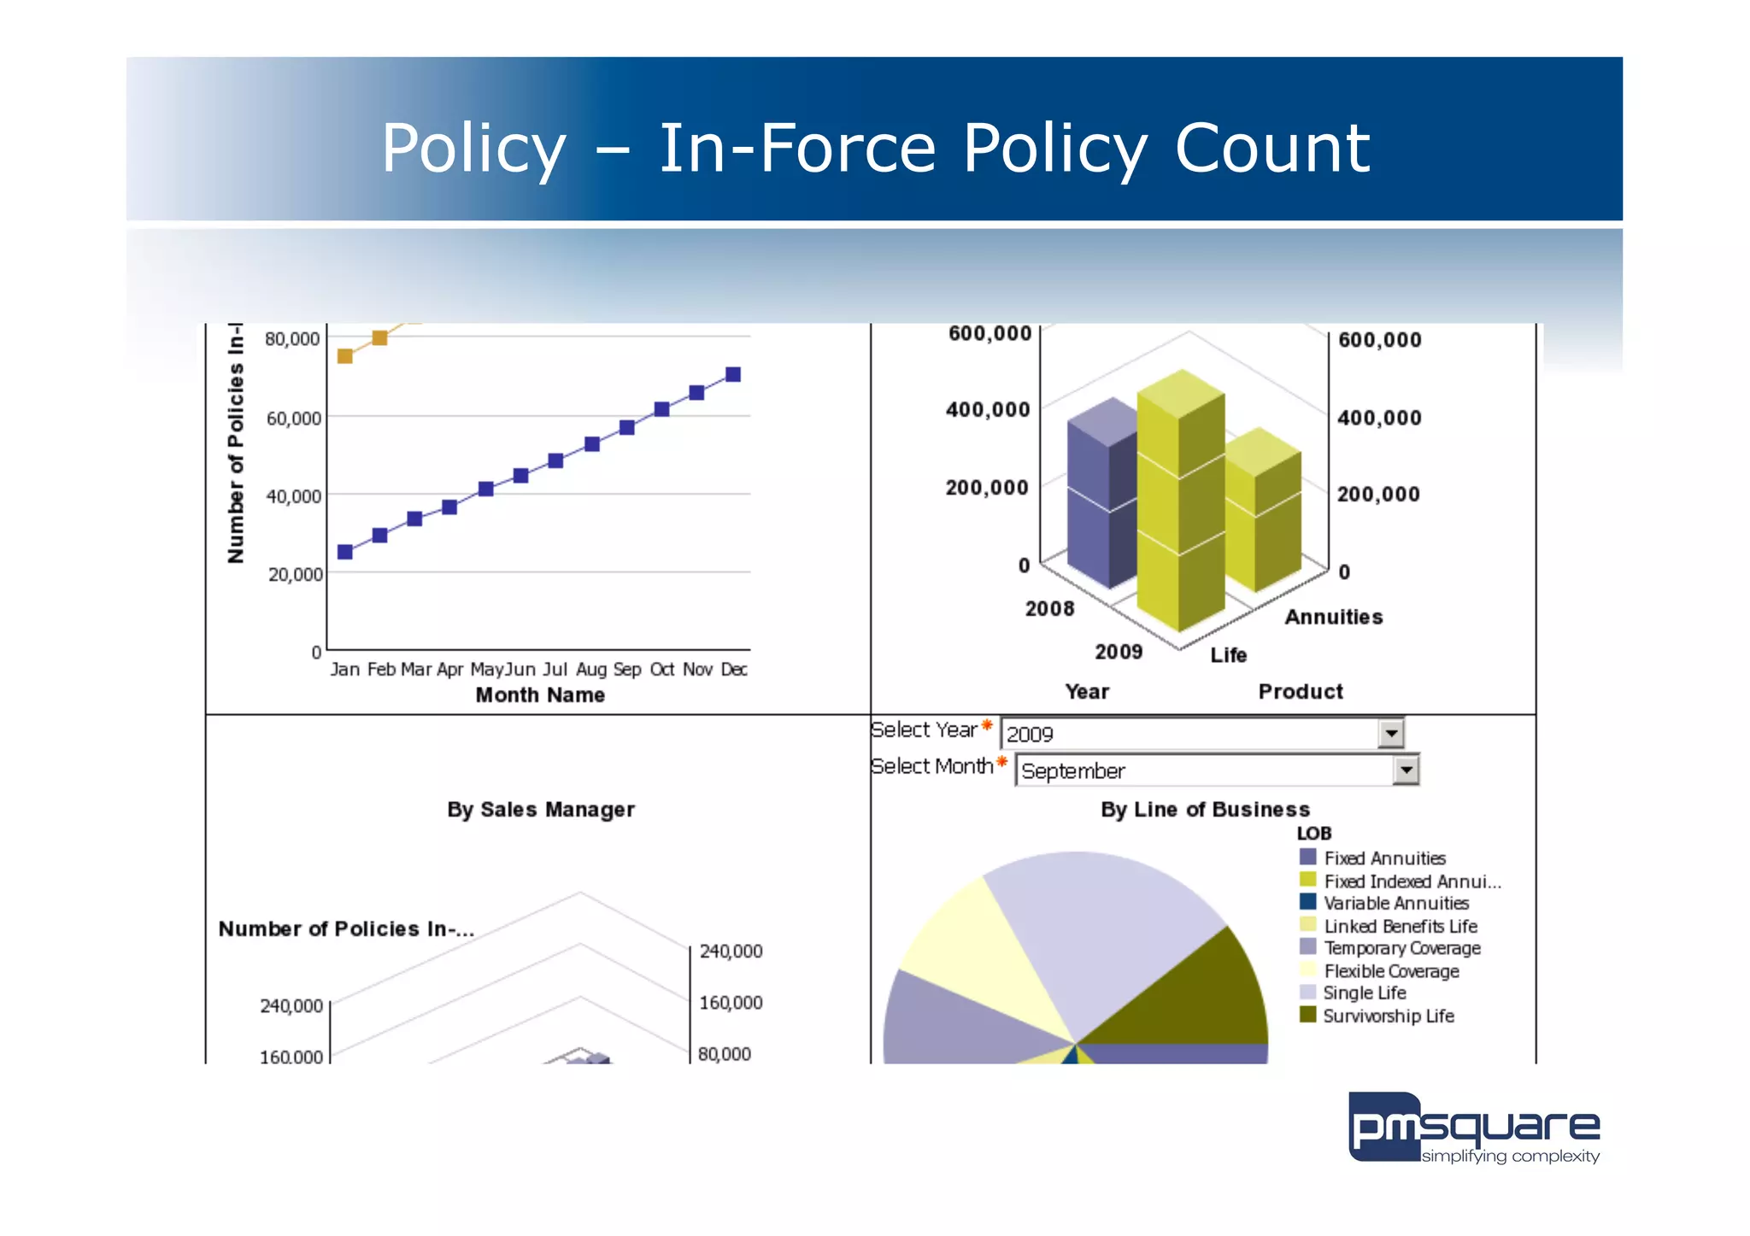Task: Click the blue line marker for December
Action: [x=732, y=374]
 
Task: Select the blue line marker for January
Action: [x=345, y=552]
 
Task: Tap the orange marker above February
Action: [x=380, y=338]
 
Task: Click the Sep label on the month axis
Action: [x=626, y=669]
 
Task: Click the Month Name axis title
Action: [x=540, y=695]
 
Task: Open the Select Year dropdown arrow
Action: [x=1391, y=734]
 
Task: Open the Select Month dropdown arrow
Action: [x=1406, y=770]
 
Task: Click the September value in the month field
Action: [x=1073, y=771]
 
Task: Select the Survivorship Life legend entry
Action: [x=1388, y=1016]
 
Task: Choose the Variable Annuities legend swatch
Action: [x=1307, y=902]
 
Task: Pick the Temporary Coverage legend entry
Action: [x=1401, y=948]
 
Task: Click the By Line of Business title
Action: [x=1205, y=809]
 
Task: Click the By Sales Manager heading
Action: [x=541, y=809]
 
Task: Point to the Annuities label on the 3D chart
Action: [x=1333, y=617]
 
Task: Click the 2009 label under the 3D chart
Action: [x=1119, y=652]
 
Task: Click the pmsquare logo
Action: [x=1473, y=1128]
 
